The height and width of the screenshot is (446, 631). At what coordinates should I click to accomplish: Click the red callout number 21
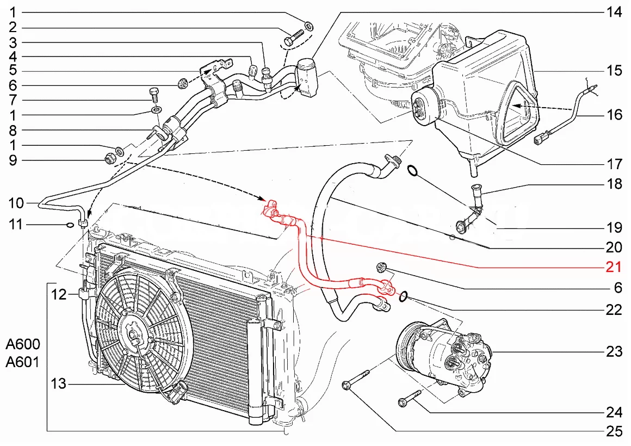point(614,267)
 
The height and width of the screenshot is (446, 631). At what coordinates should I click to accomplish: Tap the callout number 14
point(614,12)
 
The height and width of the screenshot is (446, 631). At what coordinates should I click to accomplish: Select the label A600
point(23,345)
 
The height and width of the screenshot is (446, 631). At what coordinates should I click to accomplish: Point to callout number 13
point(58,384)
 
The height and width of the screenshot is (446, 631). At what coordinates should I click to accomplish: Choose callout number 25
point(614,432)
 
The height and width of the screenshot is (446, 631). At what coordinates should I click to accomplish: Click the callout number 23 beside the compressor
point(614,352)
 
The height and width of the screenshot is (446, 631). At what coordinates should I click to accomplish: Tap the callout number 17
point(614,163)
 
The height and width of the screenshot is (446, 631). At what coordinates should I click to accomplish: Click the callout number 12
point(58,295)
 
